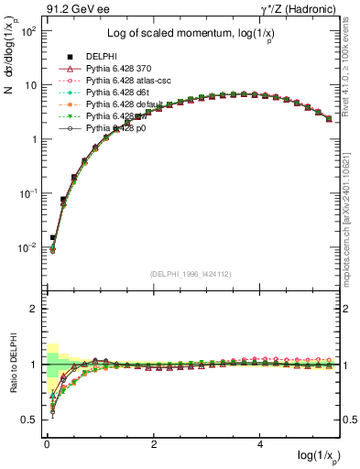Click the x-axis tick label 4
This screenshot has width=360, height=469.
[262, 443]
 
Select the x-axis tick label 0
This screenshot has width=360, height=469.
[47, 443]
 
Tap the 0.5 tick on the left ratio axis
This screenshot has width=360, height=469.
[27, 420]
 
